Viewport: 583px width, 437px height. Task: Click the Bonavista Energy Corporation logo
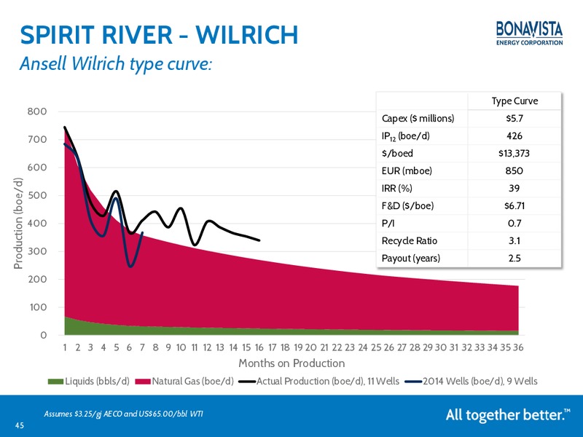pos(529,34)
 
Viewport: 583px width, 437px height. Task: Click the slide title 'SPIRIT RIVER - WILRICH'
pos(159,35)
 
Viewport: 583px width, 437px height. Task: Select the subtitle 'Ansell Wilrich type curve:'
pos(116,63)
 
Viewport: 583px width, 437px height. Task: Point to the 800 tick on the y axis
pos(37,111)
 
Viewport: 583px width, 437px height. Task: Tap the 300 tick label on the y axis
pos(37,251)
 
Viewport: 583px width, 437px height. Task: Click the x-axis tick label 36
pos(518,347)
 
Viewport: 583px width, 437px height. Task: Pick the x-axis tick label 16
pos(259,347)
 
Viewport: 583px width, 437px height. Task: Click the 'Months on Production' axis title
pos(291,363)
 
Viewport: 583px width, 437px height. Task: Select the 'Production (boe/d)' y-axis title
pos(18,223)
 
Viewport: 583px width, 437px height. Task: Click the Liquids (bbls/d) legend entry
pos(88,381)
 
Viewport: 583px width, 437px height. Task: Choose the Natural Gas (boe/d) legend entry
pos(184,381)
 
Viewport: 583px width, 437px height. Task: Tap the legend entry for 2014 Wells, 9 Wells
pos(471,381)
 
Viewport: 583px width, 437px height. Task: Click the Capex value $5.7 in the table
pos(514,119)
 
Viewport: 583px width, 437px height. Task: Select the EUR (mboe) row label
pos(407,171)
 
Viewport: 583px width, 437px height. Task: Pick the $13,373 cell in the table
pos(514,154)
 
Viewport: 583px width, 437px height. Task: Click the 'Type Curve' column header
pos(514,101)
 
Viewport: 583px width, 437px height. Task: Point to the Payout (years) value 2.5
pos(514,259)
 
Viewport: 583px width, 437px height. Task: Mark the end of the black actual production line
pos(259,240)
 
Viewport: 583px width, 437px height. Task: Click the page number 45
pos(20,425)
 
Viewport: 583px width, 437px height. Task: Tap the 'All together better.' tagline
pos(508,414)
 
